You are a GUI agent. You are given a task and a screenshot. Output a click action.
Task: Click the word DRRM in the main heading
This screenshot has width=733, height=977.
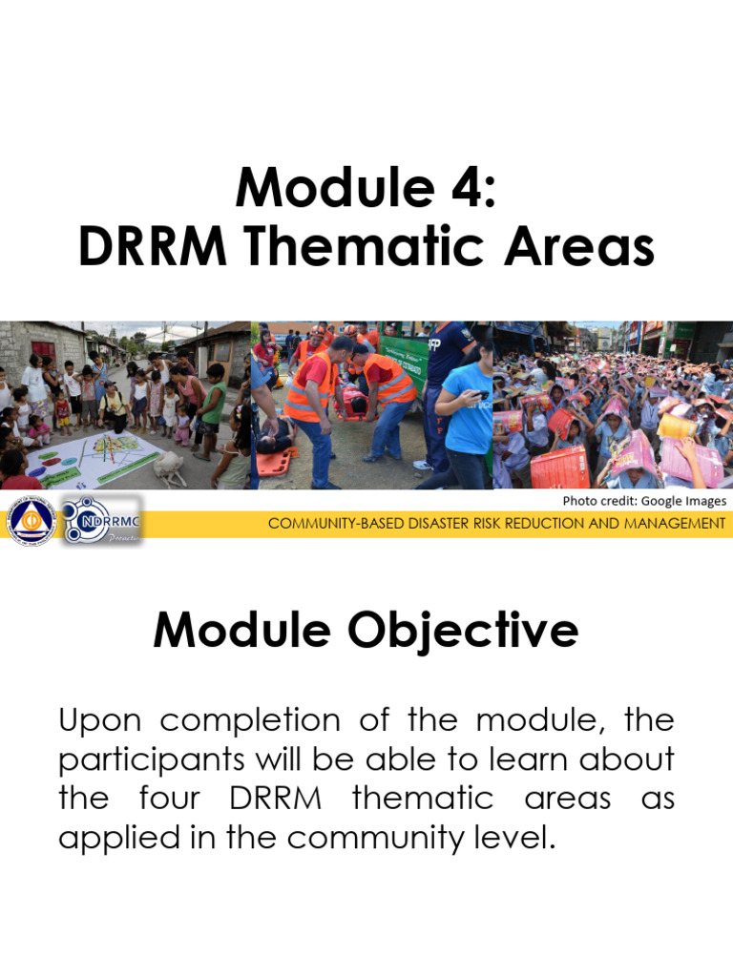click(153, 247)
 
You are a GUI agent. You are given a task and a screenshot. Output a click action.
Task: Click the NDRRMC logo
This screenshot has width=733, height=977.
click(101, 520)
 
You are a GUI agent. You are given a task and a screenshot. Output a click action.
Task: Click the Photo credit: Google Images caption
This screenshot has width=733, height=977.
click(643, 500)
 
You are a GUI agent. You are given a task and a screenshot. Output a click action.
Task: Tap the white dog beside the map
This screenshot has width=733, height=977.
click(169, 468)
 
